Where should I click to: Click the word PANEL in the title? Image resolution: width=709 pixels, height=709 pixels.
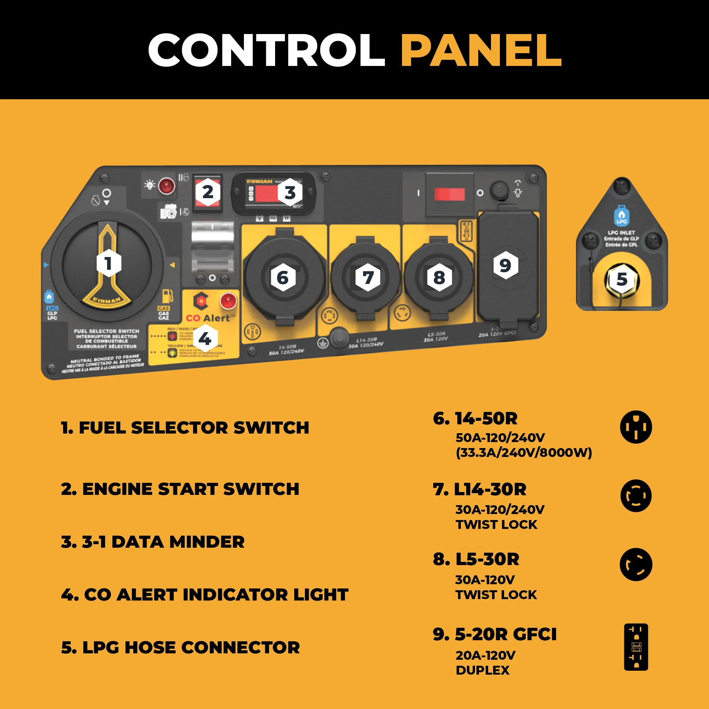point(481,50)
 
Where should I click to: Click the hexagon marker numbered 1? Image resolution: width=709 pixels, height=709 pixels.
point(108,263)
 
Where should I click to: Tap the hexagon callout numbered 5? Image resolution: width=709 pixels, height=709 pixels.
point(622,280)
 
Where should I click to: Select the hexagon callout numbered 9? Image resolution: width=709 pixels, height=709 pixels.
point(505,265)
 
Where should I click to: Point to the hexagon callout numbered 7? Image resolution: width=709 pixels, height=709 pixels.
point(368,278)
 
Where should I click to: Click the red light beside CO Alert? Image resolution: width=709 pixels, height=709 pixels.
point(228,301)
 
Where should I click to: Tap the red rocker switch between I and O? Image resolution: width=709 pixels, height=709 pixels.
point(449,194)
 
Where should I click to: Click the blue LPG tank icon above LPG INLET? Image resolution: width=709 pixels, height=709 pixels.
point(621,216)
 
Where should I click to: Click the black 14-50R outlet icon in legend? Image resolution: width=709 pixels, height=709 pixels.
point(636,427)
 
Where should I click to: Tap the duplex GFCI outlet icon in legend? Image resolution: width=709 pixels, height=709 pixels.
point(636,647)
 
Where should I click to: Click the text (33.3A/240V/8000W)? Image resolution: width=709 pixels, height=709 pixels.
point(524,452)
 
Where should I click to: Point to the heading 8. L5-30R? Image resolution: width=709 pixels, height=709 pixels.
point(476,559)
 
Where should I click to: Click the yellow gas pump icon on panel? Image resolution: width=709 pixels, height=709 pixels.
point(167,295)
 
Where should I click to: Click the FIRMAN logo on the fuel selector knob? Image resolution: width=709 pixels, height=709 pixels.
point(107,300)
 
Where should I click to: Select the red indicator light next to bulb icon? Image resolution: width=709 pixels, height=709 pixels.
point(166,186)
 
